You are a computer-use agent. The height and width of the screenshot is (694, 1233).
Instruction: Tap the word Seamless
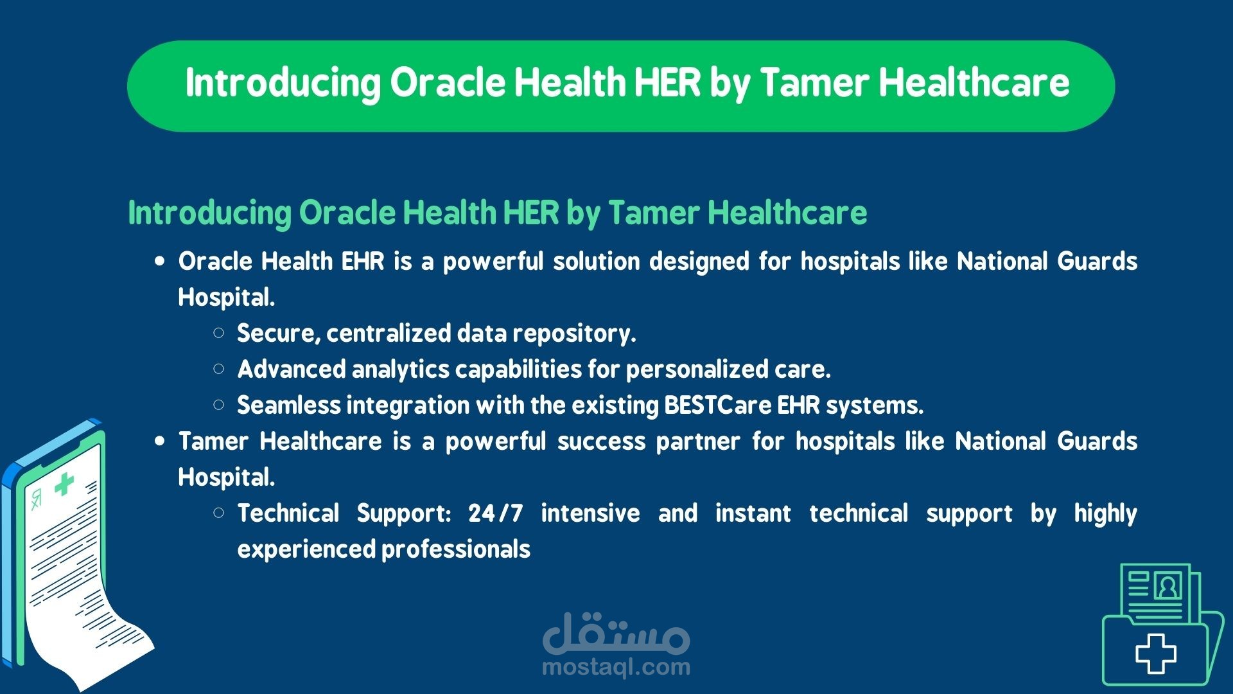(x=289, y=405)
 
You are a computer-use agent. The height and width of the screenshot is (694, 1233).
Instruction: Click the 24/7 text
(x=496, y=513)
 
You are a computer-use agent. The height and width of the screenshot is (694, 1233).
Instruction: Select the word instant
(x=753, y=513)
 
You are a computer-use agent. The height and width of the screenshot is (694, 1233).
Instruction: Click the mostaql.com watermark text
(x=616, y=668)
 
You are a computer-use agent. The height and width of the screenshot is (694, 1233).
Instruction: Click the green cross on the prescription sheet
(x=64, y=484)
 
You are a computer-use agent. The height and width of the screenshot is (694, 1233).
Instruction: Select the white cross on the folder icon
(x=1155, y=654)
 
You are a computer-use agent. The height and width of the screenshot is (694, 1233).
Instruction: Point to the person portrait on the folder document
(x=1167, y=586)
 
